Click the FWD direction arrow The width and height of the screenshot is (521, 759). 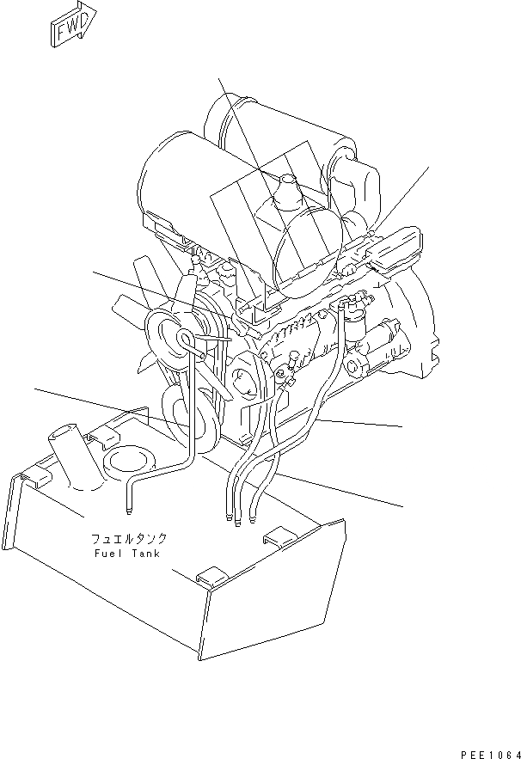coord(71,25)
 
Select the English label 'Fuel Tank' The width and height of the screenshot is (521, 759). coord(129,554)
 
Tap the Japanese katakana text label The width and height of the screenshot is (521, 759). coord(129,540)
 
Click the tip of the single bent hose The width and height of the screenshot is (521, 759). coord(126,513)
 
